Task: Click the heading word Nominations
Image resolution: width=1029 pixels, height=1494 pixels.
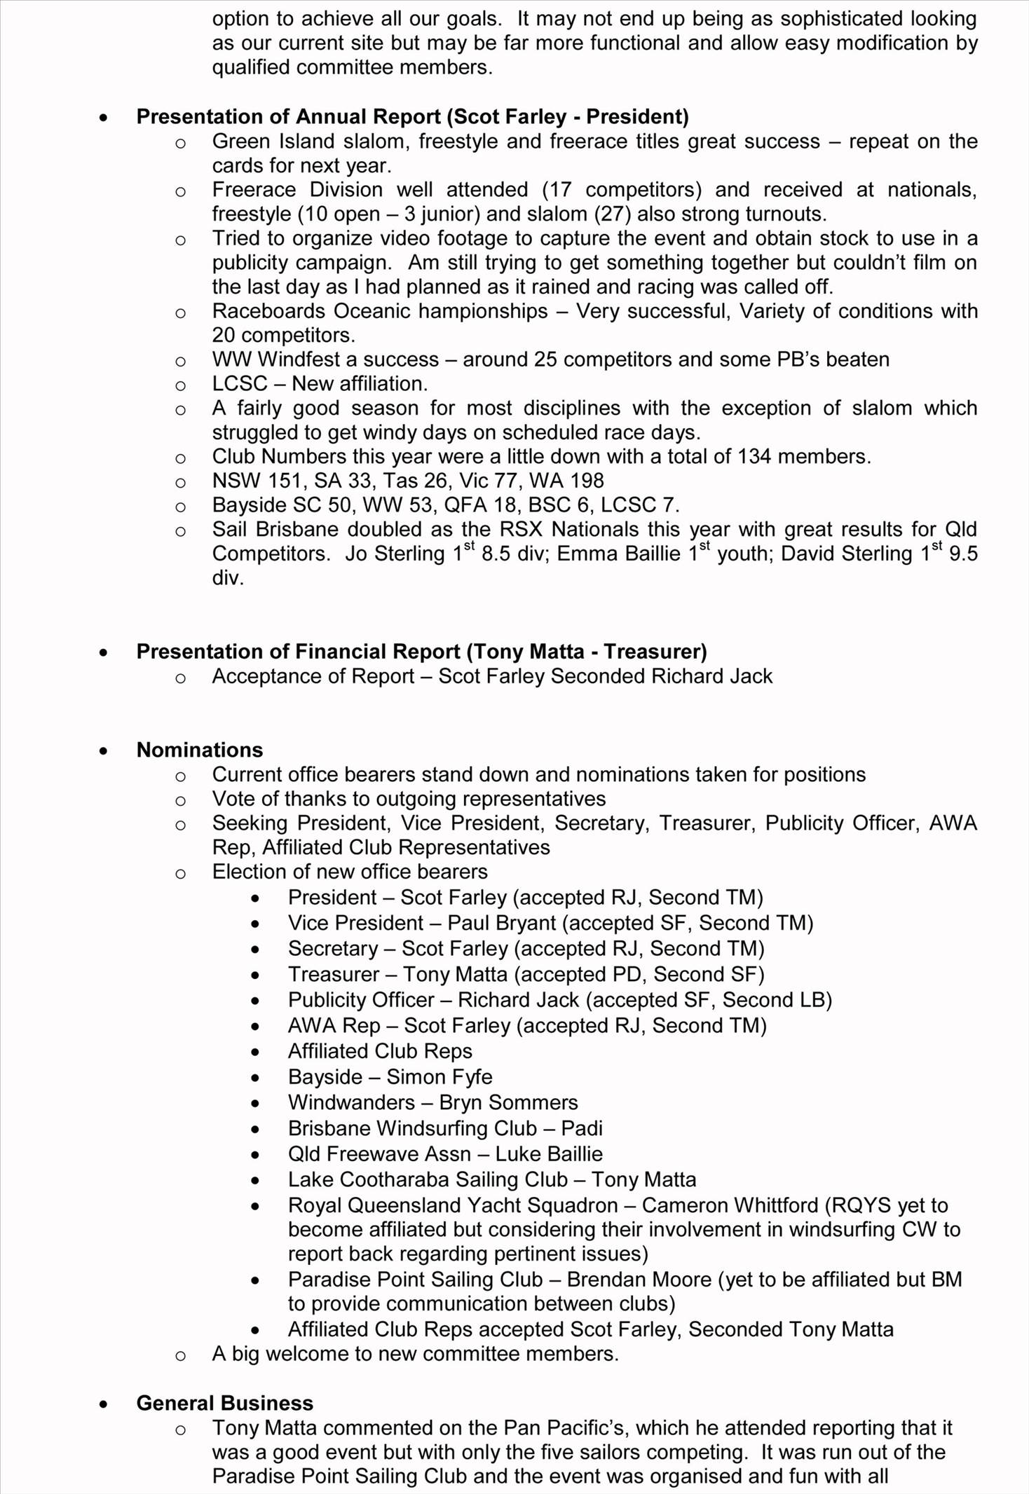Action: click(x=200, y=750)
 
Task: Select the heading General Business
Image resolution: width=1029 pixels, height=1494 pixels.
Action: click(x=224, y=1403)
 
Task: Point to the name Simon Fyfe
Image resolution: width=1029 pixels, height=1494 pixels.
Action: click(x=439, y=1076)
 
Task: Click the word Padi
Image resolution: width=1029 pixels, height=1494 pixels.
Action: click(x=582, y=1128)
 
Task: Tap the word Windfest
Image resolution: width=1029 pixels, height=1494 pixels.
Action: click(x=299, y=359)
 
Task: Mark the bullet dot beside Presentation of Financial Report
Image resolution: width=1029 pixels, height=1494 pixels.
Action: click(x=104, y=652)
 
